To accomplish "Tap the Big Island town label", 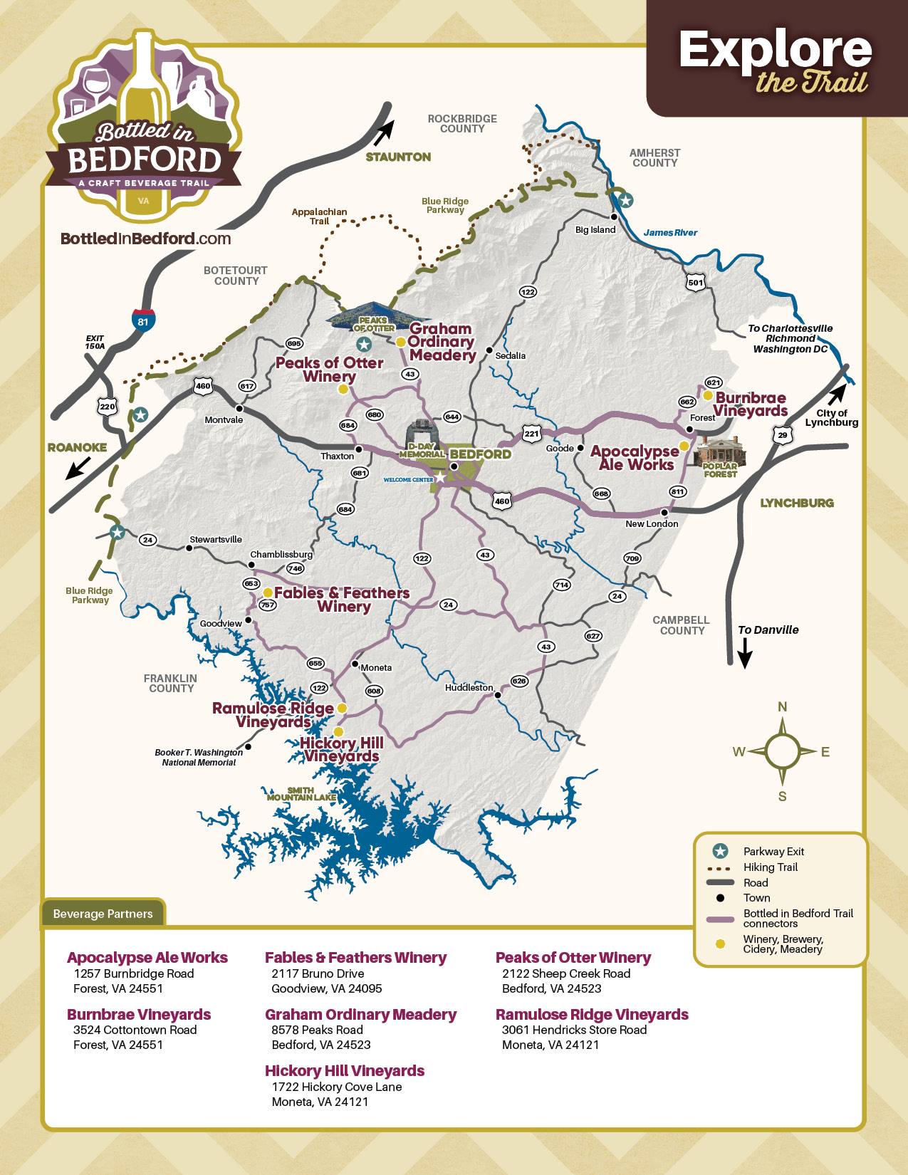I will pos(595,229).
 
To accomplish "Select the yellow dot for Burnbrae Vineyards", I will pos(708,395).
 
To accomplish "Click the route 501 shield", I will pos(696,282).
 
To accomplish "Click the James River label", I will pos(670,233).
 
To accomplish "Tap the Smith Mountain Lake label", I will pos(301,794).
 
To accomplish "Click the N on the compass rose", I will pos(782,706).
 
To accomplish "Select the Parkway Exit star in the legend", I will pos(720,851).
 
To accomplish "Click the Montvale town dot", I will pos(239,409).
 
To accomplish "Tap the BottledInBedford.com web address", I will pos(146,239).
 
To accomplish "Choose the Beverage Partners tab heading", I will pos(103,914).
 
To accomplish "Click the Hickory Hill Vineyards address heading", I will pos(344,1071).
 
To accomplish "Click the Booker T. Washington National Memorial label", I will pos(199,757).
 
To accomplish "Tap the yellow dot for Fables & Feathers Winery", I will pos(268,592).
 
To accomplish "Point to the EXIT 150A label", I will pos(95,342).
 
